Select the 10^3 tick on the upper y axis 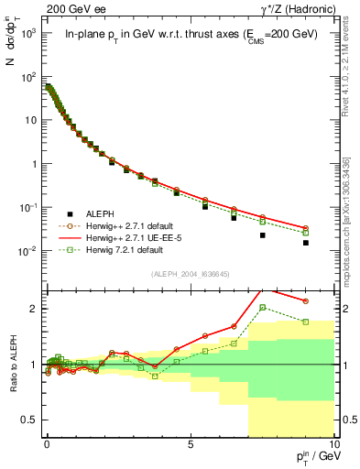27,33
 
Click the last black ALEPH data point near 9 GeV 305,243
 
